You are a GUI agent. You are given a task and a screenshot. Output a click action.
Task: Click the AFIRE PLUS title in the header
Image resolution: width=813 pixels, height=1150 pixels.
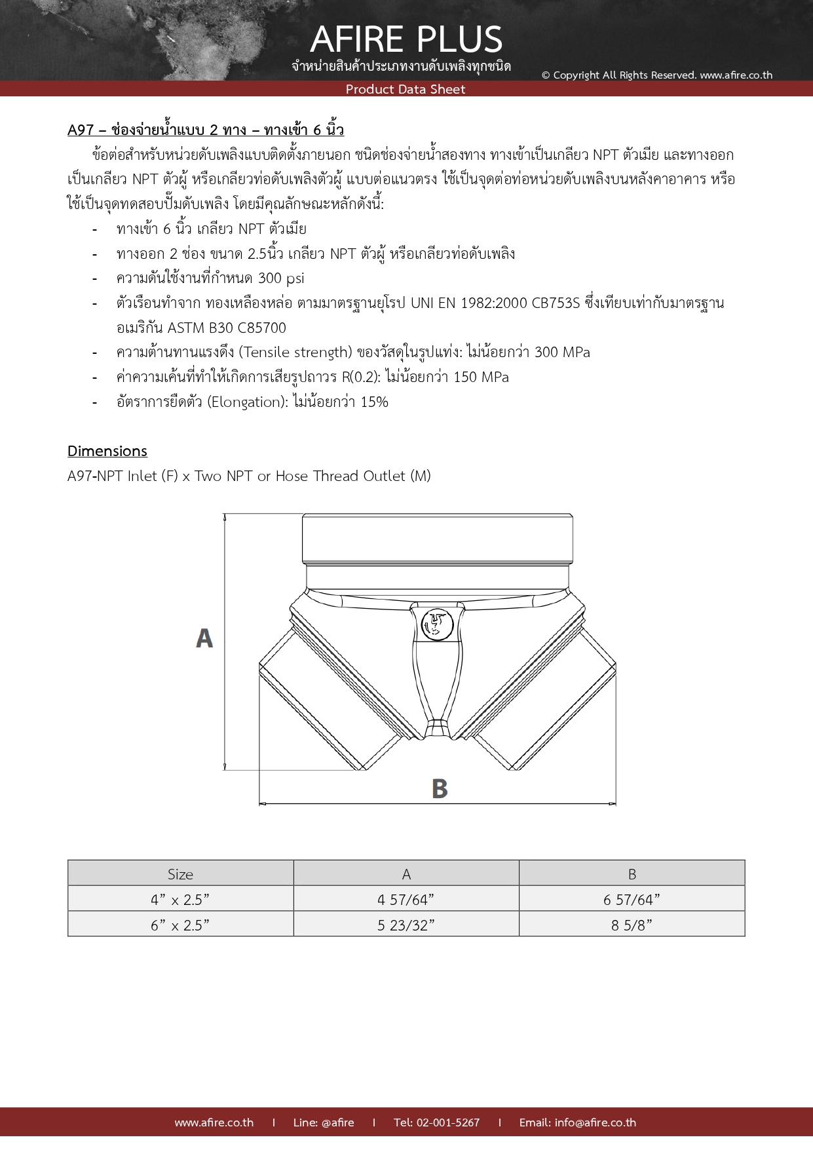(x=406, y=39)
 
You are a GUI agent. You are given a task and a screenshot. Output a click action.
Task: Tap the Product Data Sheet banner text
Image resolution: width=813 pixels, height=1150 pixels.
(x=406, y=89)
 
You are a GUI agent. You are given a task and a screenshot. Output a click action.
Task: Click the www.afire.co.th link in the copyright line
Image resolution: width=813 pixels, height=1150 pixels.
(x=736, y=75)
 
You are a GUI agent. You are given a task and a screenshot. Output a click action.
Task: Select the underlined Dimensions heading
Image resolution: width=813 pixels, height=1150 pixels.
(x=107, y=451)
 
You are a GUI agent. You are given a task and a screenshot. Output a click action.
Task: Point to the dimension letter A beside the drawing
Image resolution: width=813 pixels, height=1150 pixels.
(x=204, y=638)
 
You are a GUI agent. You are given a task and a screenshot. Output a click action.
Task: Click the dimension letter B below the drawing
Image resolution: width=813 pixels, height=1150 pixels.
(x=440, y=788)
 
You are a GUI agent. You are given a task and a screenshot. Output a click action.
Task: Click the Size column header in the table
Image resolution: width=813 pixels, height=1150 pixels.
(x=180, y=874)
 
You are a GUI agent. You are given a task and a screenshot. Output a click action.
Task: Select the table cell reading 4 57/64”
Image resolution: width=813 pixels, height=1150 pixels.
(x=406, y=900)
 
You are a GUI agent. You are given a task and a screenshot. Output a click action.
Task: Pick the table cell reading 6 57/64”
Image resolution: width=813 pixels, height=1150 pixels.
(x=632, y=900)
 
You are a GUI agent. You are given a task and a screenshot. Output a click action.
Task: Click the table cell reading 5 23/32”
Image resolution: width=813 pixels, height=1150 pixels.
(x=406, y=925)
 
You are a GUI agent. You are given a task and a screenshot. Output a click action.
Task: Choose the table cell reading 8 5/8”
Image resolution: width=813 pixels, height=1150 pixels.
(x=632, y=925)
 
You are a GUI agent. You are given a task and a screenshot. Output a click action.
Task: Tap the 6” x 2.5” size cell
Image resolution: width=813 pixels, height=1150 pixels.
(x=180, y=925)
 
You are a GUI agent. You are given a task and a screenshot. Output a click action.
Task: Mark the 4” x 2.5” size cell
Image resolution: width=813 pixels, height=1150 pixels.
(x=180, y=900)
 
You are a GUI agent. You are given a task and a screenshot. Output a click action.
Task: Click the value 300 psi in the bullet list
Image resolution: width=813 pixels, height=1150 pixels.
(x=281, y=278)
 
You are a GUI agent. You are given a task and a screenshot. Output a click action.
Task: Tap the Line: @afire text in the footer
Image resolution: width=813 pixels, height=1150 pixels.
(x=324, y=1122)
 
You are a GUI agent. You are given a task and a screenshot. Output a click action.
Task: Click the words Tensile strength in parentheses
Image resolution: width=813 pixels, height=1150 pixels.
(x=295, y=353)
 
